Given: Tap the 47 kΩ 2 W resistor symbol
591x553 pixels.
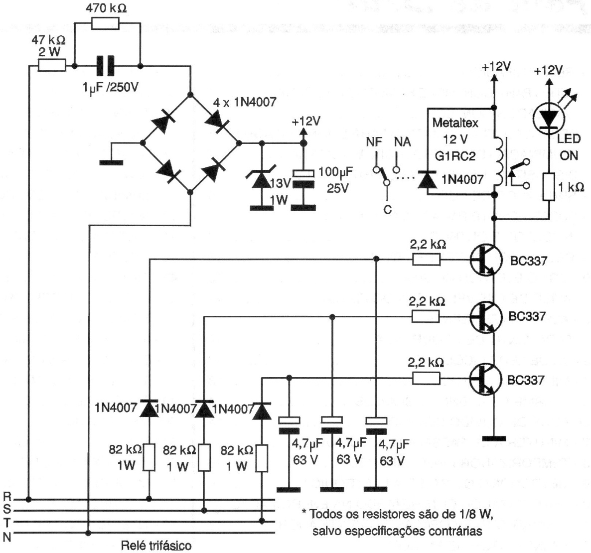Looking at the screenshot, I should pos(52,65).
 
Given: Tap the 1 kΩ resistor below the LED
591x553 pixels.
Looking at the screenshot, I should pos(549,187).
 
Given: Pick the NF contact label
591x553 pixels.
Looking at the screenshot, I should pos(374,142).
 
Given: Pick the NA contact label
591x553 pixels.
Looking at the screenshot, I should pos(403,142).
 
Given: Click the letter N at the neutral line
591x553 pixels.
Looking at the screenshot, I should pos(7,536).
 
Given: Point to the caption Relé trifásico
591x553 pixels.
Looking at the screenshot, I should pos(156,545).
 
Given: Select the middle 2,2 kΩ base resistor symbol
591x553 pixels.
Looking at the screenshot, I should pos(426,315).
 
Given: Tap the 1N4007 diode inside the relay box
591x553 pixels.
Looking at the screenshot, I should pos(425,179).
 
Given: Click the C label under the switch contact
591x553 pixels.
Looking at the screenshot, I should pos(387,210).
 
